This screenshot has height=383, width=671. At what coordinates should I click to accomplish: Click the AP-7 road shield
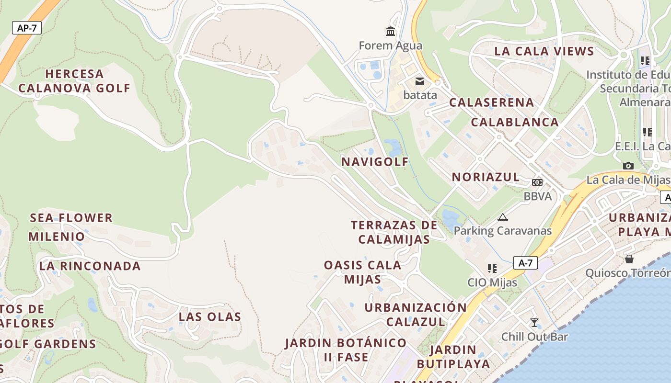click(x=27, y=28)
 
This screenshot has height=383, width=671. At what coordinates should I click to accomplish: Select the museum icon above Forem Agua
click(x=391, y=32)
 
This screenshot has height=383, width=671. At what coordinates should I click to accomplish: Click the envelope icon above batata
click(x=420, y=81)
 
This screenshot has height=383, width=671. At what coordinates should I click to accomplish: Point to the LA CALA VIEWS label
click(x=544, y=51)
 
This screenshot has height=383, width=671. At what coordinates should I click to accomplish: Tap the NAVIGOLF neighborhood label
click(x=375, y=162)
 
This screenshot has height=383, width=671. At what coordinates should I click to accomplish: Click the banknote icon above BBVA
click(x=537, y=182)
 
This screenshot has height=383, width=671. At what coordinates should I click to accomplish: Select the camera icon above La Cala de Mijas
click(x=628, y=166)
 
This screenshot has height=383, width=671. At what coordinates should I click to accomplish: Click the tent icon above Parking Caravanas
click(x=502, y=217)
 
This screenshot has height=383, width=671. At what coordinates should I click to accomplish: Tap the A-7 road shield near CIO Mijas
click(x=525, y=263)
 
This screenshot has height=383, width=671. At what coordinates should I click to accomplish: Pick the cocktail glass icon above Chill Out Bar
click(x=534, y=322)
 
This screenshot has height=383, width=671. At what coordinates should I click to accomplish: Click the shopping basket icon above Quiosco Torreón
click(x=629, y=259)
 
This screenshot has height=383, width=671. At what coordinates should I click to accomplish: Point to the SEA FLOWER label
click(x=71, y=218)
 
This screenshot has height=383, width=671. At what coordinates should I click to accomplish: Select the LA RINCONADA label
click(x=90, y=266)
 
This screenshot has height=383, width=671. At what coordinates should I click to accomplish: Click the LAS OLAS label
click(x=210, y=317)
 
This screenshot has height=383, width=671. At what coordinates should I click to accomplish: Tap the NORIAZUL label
click(x=486, y=177)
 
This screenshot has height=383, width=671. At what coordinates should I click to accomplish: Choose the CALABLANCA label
click(x=515, y=122)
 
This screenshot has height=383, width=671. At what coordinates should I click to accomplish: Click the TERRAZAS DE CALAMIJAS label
click(x=394, y=232)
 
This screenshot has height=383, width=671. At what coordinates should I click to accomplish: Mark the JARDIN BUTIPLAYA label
click(x=453, y=357)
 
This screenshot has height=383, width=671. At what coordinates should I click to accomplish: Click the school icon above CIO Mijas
click(x=492, y=269)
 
